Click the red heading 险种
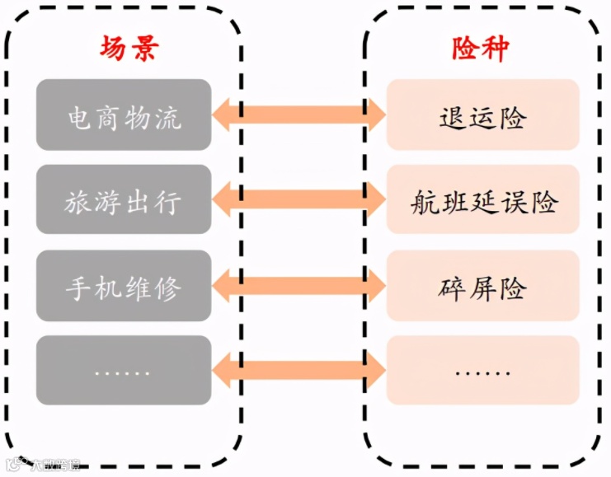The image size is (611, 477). coord(481,49)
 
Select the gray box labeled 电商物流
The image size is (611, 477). coord(124,115)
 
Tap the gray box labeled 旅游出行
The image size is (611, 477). coord(124,199)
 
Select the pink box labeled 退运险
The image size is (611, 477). coord(482,115)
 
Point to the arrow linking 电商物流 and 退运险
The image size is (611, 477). coord(298,115)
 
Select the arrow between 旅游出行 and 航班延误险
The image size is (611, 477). coord(298,199)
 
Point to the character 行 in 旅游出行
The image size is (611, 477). coord(167,201)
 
